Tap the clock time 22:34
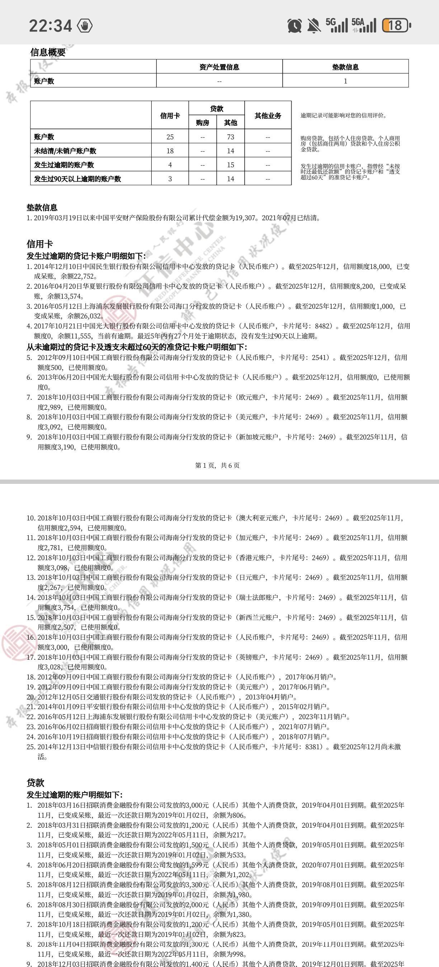(50, 25)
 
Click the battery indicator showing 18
(396, 25)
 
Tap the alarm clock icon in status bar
(294, 25)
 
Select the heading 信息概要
(48, 53)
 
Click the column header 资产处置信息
(219, 67)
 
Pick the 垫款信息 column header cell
(345, 67)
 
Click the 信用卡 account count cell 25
(170, 137)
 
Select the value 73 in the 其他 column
(230, 137)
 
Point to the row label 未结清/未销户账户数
(65, 150)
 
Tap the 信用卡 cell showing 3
(170, 179)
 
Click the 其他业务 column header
(268, 115)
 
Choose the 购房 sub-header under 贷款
(203, 122)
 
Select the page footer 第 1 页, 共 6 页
(217, 466)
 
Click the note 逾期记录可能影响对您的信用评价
(343, 115)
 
